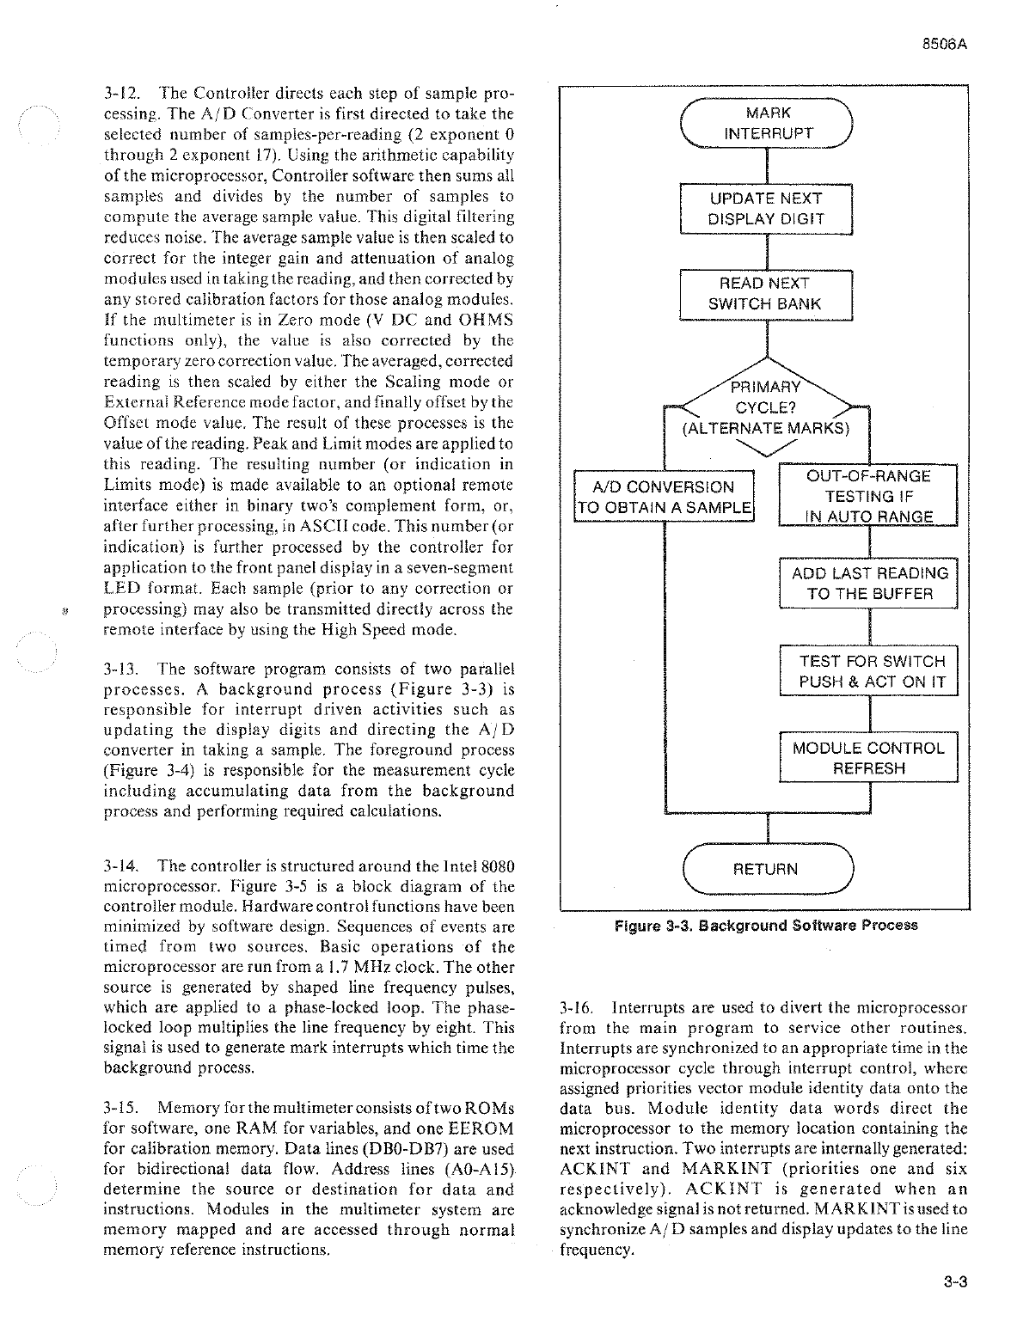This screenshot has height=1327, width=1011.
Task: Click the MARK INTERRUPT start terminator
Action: (x=766, y=124)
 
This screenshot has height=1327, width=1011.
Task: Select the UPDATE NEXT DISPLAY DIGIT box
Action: (x=766, y=209)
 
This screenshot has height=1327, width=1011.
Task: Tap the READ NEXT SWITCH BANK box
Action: (x=766, y=294)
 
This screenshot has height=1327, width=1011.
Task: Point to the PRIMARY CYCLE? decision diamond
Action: (x=766, y=408)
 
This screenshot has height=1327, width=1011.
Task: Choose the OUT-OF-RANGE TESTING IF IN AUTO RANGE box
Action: (x=867, y=496)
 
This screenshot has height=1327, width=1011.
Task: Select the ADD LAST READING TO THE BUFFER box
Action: (x=869, y=584)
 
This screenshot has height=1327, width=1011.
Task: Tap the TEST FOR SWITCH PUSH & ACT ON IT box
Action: (x=869, y=671)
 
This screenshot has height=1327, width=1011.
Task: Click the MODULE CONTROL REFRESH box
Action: (x=869, y=757)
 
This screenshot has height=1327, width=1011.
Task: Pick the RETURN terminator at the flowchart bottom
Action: (x=766, y=870)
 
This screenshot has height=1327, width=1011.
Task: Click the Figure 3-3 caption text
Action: (x=766, y=926)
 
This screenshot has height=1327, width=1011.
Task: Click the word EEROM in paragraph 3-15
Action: (x=487, y=1128)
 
